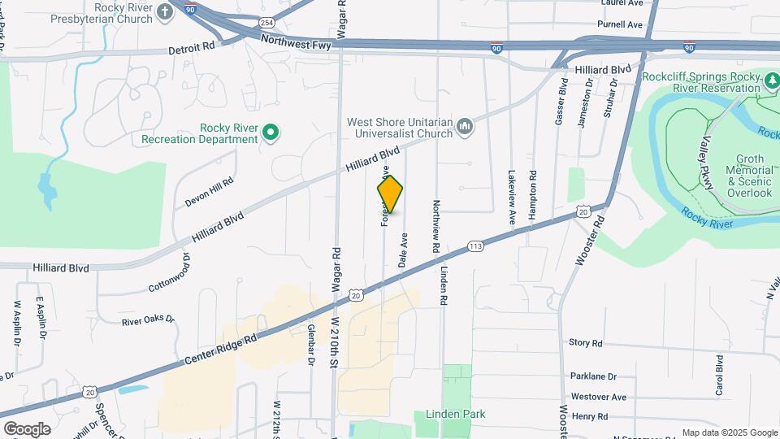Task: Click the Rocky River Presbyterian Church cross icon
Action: [x=166, y=12]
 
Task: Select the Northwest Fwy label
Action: [x=296, y=41]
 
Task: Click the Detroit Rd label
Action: [x=192, y=48]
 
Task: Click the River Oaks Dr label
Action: [x=148, y=320]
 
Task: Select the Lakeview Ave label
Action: [x=512, y=197]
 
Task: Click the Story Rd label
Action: [x=585, y=343]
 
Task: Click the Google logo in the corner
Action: [x=27, y=428]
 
